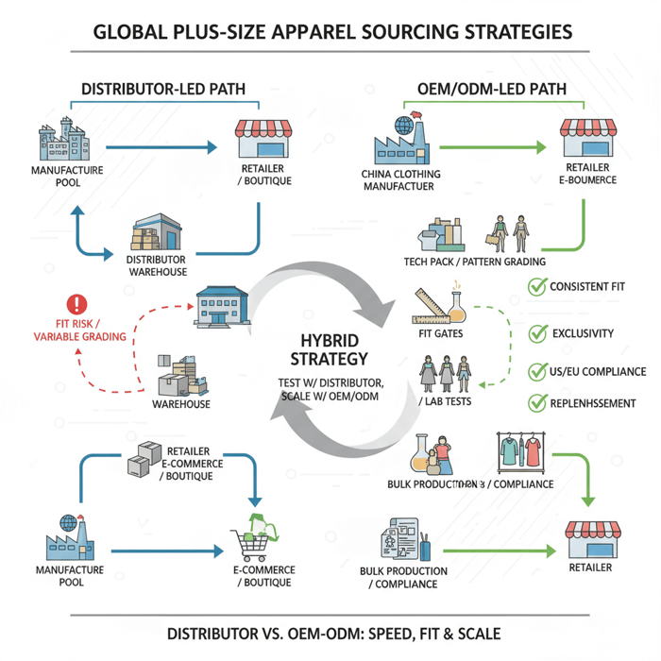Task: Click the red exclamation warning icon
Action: (x=76, y=304)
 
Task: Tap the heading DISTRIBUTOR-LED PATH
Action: (x=163, y=89)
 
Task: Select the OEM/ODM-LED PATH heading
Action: (x=491, y=89)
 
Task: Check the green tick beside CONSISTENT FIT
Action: (x=537, y=286)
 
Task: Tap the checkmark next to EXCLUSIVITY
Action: (x=537, y=332)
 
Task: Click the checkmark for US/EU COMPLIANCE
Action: (x=537, y=371)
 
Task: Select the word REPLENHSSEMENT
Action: (x=594, y=403)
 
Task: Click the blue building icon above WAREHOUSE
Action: (x=223, y=304)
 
